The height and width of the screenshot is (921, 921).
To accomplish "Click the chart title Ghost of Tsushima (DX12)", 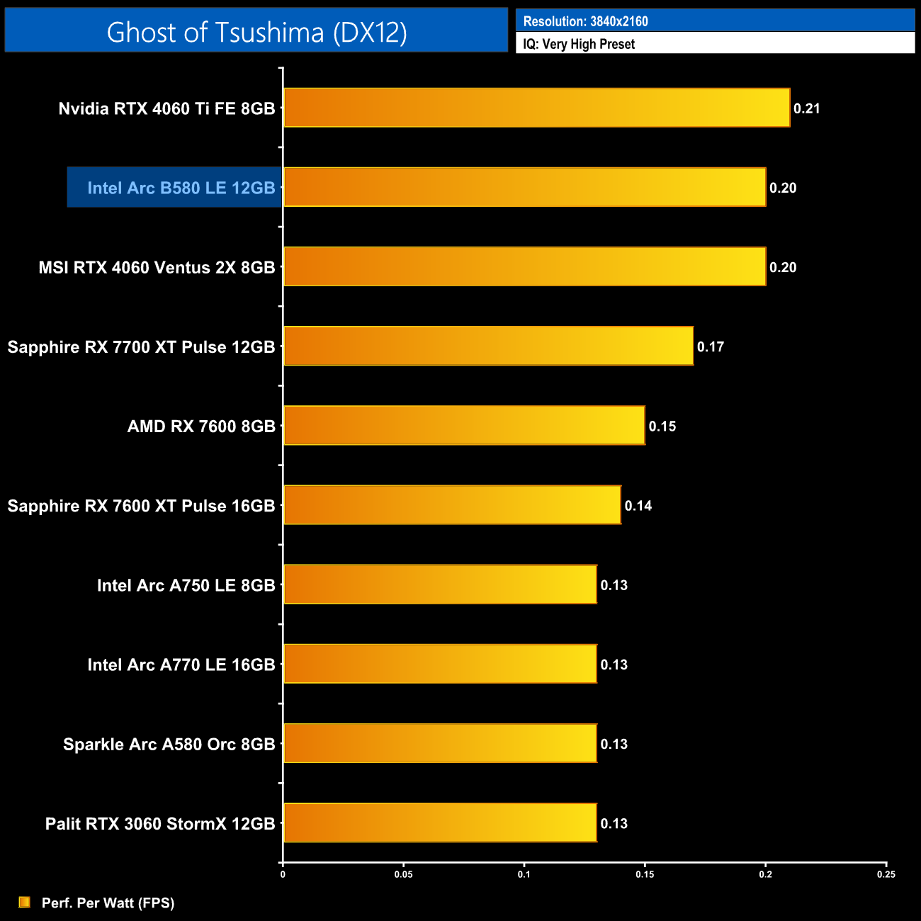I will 256,32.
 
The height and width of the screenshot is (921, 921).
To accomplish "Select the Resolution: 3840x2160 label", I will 585,21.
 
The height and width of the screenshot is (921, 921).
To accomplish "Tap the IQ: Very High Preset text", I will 579,44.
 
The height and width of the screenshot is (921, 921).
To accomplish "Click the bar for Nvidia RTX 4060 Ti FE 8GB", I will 536,108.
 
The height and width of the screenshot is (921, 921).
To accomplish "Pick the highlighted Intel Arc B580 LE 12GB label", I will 181,188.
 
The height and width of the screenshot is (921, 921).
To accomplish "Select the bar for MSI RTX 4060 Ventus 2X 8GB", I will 524,266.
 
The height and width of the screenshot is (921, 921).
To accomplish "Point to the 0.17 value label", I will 711,346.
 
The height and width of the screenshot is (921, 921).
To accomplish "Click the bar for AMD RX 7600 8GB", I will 464,425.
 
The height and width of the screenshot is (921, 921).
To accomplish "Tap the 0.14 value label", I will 638,506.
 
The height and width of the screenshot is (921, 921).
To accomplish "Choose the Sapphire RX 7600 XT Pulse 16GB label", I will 141,506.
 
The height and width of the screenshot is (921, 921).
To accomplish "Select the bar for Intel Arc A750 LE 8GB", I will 440,584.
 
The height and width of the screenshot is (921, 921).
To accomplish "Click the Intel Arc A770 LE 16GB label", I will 181,665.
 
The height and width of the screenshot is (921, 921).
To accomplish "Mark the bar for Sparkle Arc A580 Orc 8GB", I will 440,743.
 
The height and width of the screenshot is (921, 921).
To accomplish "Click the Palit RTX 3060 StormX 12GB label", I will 160,823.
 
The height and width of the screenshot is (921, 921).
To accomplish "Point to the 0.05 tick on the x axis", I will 404,874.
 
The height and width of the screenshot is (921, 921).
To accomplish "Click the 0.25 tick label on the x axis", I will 886,874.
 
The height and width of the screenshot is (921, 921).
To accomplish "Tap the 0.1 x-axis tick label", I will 524,874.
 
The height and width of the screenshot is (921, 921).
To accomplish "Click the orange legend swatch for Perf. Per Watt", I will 25,902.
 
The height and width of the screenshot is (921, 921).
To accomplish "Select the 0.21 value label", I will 807,108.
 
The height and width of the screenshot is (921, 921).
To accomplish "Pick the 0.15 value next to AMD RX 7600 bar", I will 662,426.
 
